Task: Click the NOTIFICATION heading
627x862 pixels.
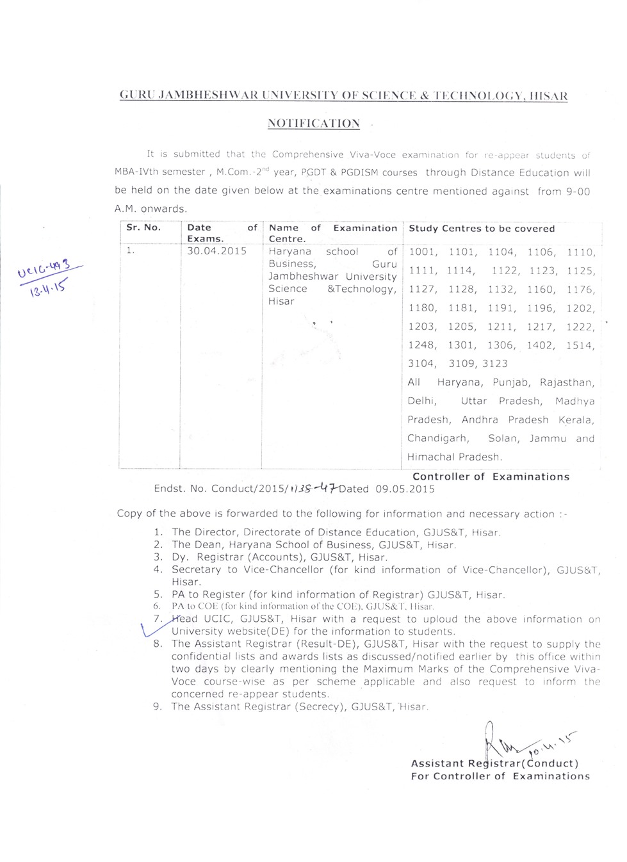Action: pyautogui.click(x=313, y=123)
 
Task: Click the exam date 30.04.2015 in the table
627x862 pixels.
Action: pyautogui.click(x=216, y=251)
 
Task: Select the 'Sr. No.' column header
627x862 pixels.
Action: pyautogui.click(x=143, y=227)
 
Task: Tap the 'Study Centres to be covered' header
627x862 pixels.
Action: pyautogui.click(x=482, y=229)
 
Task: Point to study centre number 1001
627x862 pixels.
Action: pyautogui.click(x=422, y=252)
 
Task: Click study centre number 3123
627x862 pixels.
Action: pyautogui.click(x=494, y=364)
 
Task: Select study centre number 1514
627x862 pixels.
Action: pyautogui.click(x=580, y=345)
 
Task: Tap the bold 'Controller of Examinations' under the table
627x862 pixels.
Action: pyautogui.click(x=491, y=476)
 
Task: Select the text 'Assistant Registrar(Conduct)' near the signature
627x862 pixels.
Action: pyautogui.click(x=494, y=763)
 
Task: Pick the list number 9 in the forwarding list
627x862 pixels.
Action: pyautogui.click(x=158, y=707)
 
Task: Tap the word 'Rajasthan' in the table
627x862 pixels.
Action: pyautogui.click(x=566, y=383)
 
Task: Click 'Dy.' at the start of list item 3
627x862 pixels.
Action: pyautogui.click(x=179, y=557)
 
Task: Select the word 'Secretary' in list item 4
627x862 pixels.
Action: pyautogui.click(x=195, y=569)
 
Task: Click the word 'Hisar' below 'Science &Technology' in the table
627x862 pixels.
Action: pyautogui.click(x=281, y=302)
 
